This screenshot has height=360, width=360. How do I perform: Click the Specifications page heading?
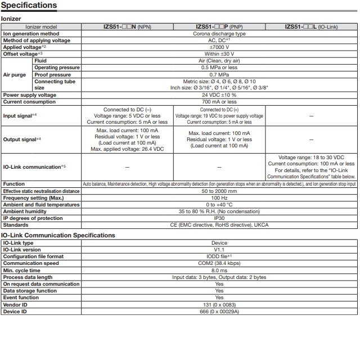coord(29,6)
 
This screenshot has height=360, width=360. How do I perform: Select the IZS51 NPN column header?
coord(127,26)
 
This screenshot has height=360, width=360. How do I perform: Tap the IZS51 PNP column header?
coord(219,26)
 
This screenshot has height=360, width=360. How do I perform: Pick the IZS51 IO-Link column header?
coord(312,26)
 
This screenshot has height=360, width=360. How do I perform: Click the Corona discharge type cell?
coord(219,33)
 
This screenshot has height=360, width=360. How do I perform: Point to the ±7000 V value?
coord(219,47)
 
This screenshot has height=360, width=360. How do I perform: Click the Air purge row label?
coord(15,74)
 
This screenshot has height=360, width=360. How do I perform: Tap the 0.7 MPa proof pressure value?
coord(219,74)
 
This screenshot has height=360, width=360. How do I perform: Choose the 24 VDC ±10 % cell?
coord(219,94)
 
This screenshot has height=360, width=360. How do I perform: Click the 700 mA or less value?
coord(219,102)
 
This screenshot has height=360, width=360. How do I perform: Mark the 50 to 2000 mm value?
coord(219,191)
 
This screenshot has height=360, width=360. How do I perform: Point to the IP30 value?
coord(219,218)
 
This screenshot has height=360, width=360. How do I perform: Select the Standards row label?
coord(16,225)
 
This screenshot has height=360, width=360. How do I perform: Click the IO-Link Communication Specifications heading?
coord(58,235)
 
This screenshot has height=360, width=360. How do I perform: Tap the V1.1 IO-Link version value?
coord(219,250)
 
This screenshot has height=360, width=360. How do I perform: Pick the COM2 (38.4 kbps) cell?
coord(219,263)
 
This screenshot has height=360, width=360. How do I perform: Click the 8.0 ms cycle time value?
coord(219,270)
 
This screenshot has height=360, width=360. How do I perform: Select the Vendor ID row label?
coord(17,304)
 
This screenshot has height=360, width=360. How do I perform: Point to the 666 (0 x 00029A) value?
coord(219,311)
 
